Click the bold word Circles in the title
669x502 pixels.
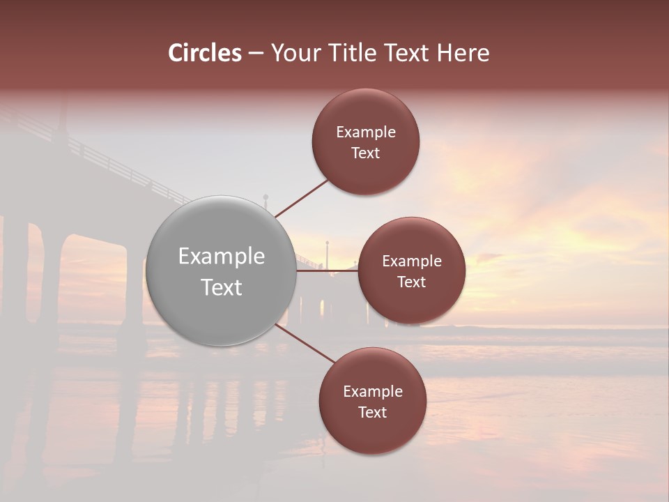click(205, 53)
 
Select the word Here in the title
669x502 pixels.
click(463, 53)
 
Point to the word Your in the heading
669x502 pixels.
click(294, 53)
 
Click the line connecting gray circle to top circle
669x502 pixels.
click(302, 198)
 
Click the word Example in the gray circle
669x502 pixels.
click(222, 257)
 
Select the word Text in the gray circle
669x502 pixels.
click(222, 287)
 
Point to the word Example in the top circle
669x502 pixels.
click(366, 132)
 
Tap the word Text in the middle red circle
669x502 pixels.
click(411, 282)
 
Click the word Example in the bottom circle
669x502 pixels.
click(373, 392)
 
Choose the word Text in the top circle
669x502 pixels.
click(366, 153)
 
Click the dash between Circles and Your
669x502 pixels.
click(256, 53)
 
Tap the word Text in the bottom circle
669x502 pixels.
click(373, 413)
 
